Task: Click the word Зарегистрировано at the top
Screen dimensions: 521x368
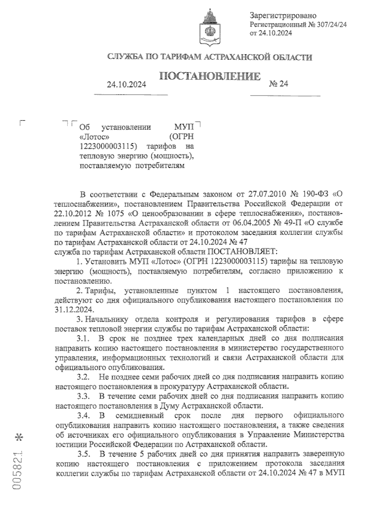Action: coord(283,15)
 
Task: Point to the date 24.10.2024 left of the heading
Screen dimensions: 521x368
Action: coord(126,85)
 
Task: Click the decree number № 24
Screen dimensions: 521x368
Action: coord(278,84)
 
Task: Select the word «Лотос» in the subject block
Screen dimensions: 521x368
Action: coord(94,136)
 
